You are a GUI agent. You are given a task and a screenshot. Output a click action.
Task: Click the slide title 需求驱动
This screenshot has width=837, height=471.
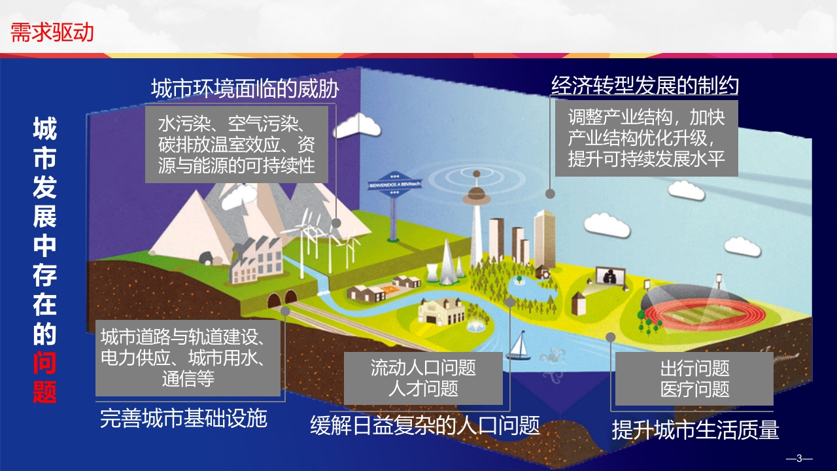point(52,32)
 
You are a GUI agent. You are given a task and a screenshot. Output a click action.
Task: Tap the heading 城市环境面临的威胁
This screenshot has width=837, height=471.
point(245,88)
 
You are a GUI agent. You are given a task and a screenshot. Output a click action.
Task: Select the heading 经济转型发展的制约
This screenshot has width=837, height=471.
point(645,86)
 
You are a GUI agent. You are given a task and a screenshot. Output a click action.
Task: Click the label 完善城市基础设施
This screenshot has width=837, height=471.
point(184,418)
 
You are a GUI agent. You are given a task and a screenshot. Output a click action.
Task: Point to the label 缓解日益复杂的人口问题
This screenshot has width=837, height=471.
point(425,425)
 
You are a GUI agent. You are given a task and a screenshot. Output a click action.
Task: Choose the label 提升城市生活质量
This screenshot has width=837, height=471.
point(695,430)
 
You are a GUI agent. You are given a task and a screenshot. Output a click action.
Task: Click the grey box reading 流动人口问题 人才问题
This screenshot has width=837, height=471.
point(423,378)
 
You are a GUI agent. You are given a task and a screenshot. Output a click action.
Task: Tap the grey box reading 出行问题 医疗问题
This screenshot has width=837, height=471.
point(694,379)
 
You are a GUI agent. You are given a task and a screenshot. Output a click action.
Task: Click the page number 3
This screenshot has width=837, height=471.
point(799,458)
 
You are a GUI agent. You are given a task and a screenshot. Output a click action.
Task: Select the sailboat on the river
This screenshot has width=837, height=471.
point(519,346)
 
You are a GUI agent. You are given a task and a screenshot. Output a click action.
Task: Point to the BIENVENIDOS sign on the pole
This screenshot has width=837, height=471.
point(394,184)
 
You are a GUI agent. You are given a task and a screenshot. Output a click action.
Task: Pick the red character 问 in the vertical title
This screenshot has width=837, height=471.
point(44,363)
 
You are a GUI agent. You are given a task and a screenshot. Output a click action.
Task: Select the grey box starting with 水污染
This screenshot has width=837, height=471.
point(237,145)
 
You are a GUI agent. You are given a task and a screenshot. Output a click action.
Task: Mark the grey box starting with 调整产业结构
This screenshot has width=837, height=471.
point(647,138)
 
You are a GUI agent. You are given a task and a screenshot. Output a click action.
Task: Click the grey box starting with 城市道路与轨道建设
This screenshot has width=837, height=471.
point(188,358)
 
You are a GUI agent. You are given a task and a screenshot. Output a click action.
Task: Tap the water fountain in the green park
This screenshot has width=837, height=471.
point(475,326)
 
